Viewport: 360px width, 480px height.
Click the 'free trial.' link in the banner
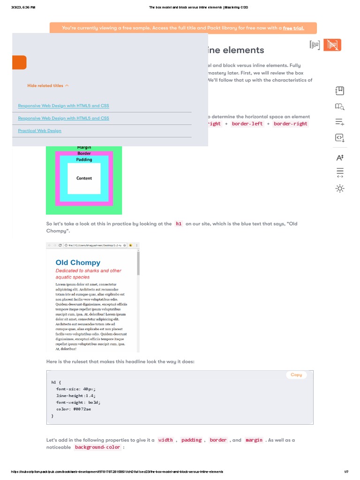(293, 28)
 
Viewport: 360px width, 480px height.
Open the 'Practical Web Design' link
(39, 131)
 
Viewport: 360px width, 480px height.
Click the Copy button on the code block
(296, 375)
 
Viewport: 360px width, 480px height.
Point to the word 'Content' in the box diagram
(84, 178)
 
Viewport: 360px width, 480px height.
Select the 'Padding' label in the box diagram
(84, 159)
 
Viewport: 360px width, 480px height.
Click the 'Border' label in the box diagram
(84, 153)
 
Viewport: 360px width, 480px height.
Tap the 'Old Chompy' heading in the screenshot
(78, 262)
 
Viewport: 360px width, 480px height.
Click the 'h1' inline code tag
(179, 224)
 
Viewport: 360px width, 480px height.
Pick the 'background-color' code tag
(97, 447)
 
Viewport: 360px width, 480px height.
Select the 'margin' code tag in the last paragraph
(254, 440)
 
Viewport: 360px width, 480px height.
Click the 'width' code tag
(165, 440)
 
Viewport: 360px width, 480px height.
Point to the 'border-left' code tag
(247, 124)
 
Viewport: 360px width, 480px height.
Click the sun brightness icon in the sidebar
(340, 188)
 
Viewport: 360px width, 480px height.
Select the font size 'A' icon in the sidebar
(340, 157)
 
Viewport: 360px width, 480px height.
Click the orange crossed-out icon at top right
(332, 45)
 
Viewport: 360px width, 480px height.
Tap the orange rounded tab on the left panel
(19, 62)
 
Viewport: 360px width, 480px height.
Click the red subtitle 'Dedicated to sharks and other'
(88, 270)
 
